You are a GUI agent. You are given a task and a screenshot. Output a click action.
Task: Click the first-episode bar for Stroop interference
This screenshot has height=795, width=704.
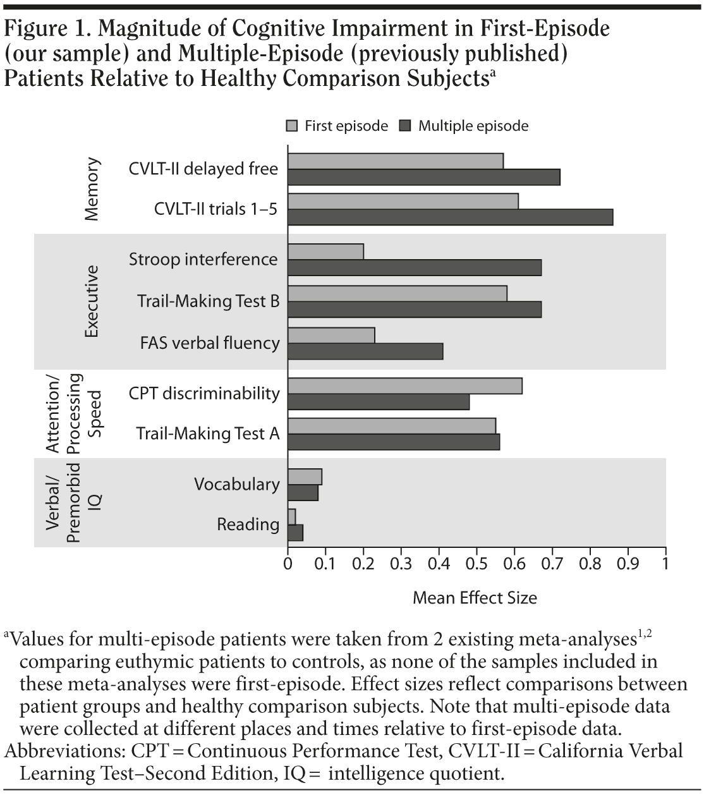pyautogui.click(x=325, y=252)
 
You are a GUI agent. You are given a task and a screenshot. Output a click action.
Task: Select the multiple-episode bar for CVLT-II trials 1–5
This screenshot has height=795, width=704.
pyautogui.click(x=450, y=217)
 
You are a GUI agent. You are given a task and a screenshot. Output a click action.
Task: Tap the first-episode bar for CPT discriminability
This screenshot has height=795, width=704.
pyautogui.click(x=404, y=385)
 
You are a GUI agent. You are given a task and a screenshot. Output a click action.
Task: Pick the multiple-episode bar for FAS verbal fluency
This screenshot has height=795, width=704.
pyautogui.click(x=365, y=351)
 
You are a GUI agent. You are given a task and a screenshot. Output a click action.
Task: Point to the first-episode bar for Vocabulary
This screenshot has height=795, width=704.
pyautogui.click(x=305, y=476)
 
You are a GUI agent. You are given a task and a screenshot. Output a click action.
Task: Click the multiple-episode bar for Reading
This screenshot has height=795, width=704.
pyautogui.click(x=295, y=533)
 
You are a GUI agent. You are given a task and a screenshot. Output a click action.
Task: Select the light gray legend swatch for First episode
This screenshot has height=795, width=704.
pyautogui.click(x=291, y=126)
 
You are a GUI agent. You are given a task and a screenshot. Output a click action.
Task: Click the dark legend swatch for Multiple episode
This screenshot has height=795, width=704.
pyautogui.click(x=405, y=126)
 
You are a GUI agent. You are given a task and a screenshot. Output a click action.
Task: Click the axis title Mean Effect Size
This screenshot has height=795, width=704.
pyautogui.click(x=475, y=598)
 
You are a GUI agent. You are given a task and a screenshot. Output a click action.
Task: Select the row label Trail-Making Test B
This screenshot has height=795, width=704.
pyautogui.click(x=209, y=301)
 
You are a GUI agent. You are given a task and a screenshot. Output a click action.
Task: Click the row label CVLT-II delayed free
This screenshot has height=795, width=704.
pyautogui.click(x=203, y=169)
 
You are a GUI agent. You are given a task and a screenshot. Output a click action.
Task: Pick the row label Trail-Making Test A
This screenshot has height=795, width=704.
pyautogui.click(x=208, y=434)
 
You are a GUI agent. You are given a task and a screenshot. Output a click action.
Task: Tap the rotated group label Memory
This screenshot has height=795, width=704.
pyautogui.click(x=92, y=190)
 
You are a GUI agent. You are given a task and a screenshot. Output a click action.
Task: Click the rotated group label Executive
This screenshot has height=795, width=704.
pyautogui.click(x=92, y=301)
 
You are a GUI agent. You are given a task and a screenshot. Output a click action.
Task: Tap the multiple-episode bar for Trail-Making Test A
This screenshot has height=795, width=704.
pyautogui.click(x=394, y=442)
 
